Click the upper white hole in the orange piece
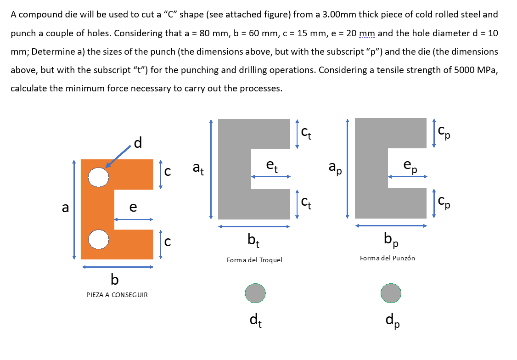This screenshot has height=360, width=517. (98, 177)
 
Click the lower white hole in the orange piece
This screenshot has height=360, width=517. (98, 240)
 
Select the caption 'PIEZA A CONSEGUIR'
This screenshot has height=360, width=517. (117, 295)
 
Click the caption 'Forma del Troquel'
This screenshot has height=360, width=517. (254, 260)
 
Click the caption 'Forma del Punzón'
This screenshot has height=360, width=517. (388, 258)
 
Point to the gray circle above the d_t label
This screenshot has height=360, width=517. (255, 293)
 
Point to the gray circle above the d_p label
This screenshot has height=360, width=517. (391, 292)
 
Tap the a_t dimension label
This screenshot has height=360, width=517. (198, 169)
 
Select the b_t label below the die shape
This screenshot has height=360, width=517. (254, 240)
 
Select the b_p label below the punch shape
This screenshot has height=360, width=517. (391, 239)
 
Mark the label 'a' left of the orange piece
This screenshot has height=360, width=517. (66, 208)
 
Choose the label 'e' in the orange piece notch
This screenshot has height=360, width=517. (133, 208)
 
